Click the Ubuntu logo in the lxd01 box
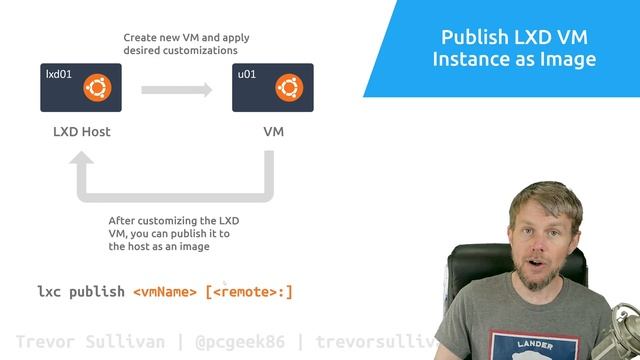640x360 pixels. tap(96, 88)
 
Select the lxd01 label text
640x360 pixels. tap(58, 73)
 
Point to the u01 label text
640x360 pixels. tap(245, 73)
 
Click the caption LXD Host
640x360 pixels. tap(82, 131)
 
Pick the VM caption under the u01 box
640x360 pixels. tap(273, 131)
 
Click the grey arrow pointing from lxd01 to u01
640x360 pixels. tap(178, 90)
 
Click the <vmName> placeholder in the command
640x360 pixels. tap(165, 292)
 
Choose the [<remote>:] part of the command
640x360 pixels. tap(249, 292)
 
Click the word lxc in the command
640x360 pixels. tap(50, 292)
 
